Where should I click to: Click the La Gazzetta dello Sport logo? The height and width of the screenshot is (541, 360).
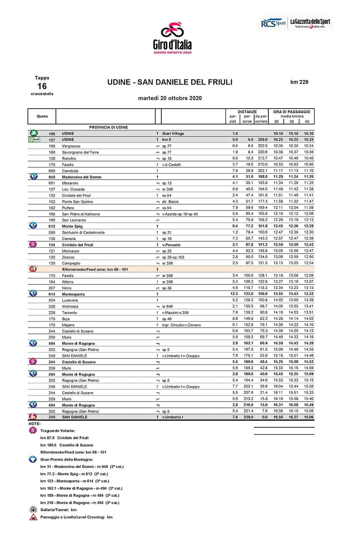click(310, 23)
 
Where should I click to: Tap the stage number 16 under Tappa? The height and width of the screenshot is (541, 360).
click(42, 86)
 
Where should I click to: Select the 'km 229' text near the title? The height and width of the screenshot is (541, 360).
click(299, 82)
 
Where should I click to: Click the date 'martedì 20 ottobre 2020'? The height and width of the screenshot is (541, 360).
click(170, 98)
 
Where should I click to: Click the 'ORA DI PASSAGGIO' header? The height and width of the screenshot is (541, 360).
click(292, 112)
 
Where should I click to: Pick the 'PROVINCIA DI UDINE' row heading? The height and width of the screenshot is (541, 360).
click(109, 127)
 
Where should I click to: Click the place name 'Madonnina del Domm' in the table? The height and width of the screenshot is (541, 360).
click(82, 177)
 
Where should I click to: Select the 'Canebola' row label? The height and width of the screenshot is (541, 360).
click(71, 171)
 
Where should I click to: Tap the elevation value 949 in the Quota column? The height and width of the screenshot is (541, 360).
click(52, 177)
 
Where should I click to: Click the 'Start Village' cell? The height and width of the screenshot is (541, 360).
click(173, 134)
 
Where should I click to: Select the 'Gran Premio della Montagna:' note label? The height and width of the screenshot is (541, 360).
click(67, 459)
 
